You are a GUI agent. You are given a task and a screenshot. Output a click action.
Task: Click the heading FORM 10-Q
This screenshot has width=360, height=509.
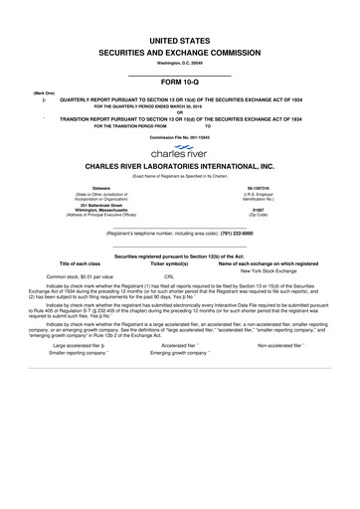point(180,83)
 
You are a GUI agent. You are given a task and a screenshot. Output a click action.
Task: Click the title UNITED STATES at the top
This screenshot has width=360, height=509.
point(180,34)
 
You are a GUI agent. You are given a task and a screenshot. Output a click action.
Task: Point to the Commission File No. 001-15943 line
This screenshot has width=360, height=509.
point(180,138)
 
